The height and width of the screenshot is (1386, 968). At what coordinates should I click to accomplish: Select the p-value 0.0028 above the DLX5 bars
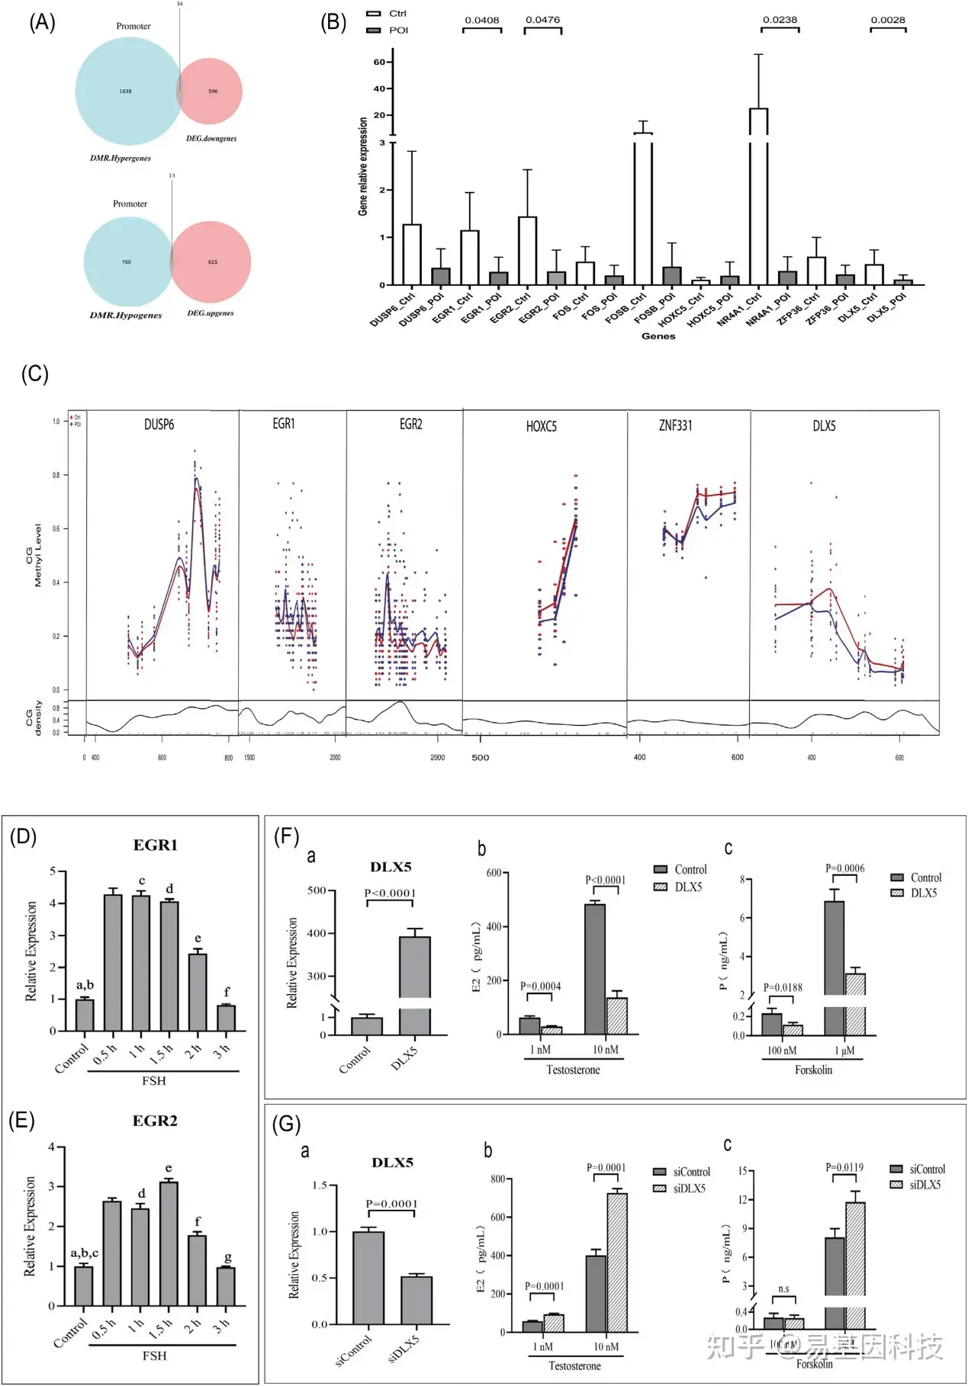tap(888, 20)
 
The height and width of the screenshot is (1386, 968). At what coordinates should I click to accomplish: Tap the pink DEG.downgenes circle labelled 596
tap(213, 91)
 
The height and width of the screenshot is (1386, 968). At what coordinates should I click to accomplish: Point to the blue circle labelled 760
tap(127, 261)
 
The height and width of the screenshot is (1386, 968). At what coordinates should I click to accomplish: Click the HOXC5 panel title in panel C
tap(542, 426)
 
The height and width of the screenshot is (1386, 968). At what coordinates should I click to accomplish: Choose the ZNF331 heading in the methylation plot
tap(676, 425)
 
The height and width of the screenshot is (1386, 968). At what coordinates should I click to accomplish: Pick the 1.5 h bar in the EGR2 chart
tap(169, 1243)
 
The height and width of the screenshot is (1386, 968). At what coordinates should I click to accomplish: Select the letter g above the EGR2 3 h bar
tap(227, 1256)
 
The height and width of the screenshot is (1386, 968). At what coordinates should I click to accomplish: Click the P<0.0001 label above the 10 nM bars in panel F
tap(606, 880)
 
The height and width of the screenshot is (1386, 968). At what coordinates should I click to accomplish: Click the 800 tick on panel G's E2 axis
tap(498, 1179)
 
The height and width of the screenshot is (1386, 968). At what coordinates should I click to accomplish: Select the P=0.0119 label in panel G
tap(844, 1167)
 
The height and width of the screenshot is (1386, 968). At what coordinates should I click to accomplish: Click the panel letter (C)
tap(34, 374)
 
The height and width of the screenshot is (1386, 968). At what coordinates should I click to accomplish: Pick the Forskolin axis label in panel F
tap(813, 1070)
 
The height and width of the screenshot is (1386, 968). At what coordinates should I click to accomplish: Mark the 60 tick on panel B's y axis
tap(379, 63)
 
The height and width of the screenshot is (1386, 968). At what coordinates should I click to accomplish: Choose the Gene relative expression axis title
tap(363, 165)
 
